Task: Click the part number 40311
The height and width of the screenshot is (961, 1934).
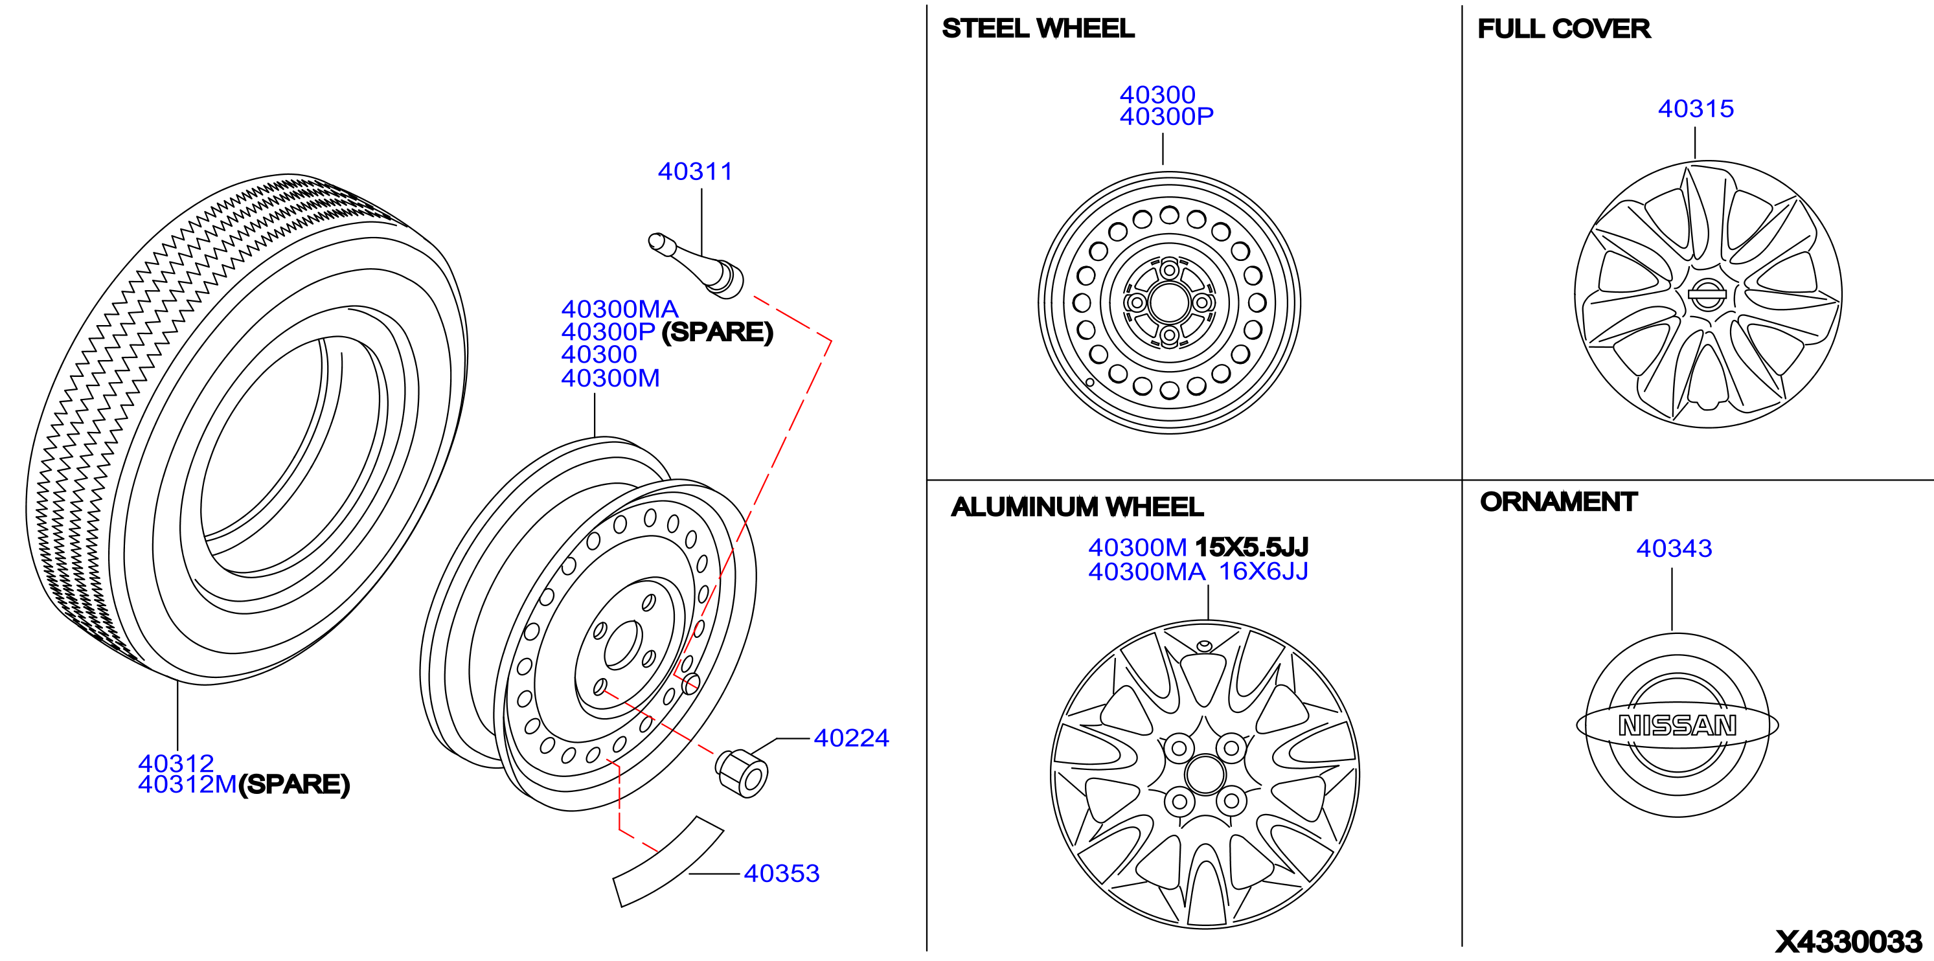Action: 694,171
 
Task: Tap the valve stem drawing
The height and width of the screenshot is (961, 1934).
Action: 696,264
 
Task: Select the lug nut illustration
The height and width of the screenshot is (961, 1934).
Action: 741,773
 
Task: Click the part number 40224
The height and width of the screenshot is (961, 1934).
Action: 851,738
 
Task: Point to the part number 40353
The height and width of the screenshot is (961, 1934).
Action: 782,873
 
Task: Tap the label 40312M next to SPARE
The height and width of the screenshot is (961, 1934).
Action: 187,785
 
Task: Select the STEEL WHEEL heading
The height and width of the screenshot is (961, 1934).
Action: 1038,28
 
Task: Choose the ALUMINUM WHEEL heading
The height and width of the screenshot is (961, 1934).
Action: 1076,507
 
